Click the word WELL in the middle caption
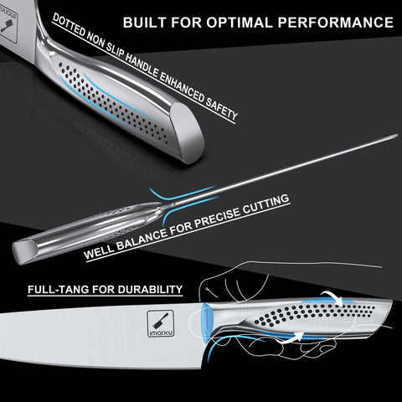point(102,252)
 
